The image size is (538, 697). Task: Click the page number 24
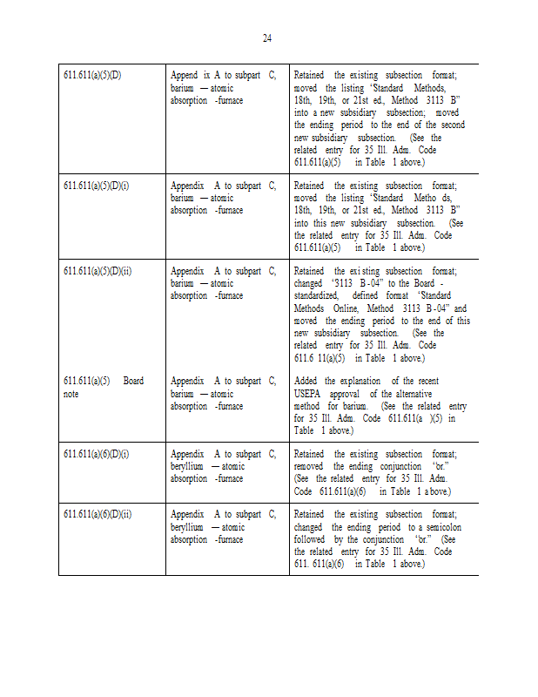pos(267,37)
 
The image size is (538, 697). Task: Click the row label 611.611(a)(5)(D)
pos(92,76)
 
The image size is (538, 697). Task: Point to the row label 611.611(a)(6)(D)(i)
pos(96,454)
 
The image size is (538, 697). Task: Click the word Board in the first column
pos(133,381)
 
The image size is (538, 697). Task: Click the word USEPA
pos(309,393)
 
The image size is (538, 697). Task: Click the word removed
pos(310,466)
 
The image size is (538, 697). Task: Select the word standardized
pos(317,296)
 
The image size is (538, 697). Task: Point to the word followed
pos(312,539)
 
